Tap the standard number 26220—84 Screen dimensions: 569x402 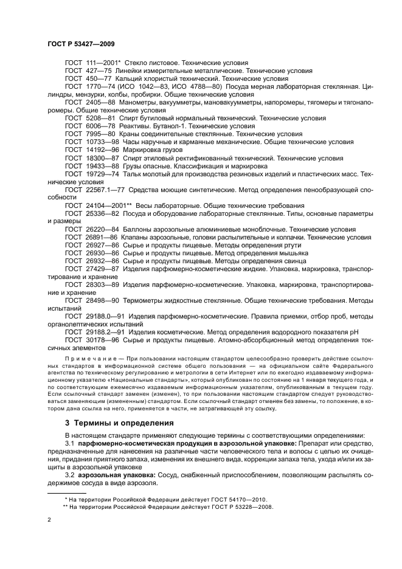102,229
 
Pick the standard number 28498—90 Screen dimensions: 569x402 102,300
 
